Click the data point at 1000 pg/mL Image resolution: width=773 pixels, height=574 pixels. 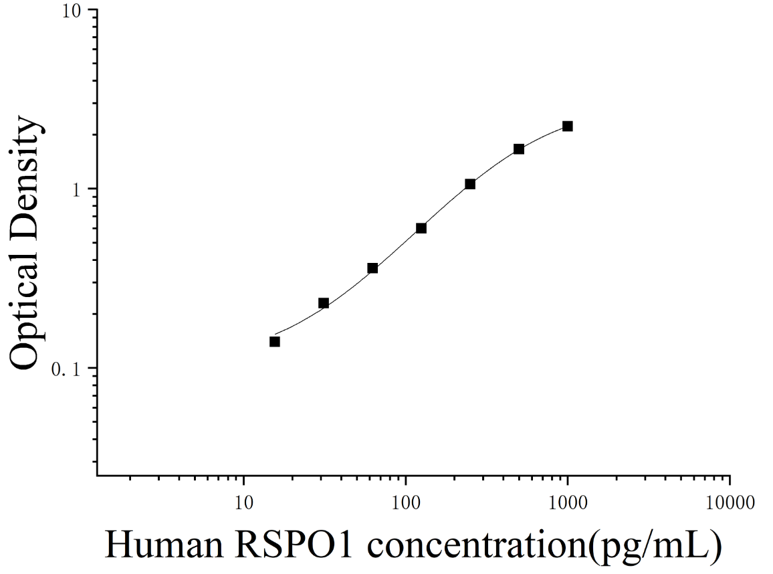click(568, 126)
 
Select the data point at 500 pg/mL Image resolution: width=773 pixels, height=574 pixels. click(519, 149)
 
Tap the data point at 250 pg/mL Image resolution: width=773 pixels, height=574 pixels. click(470, 184)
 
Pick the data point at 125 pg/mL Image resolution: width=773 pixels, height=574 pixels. click(421, 228)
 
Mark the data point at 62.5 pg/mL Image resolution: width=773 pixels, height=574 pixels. click(372, 268)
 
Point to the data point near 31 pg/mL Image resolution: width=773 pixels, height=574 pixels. click(324, 303)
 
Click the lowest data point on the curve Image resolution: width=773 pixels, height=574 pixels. click(275, 341)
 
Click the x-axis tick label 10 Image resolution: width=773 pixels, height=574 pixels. click(243, 502)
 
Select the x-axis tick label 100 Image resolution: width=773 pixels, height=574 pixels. click(406, 502)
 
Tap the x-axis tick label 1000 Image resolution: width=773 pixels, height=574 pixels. click(568, 502)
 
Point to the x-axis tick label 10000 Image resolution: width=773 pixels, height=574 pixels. click(730, 502)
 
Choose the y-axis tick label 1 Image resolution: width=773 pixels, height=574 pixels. click(76, 190)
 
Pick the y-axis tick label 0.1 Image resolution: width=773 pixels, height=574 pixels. click(67, 369)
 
